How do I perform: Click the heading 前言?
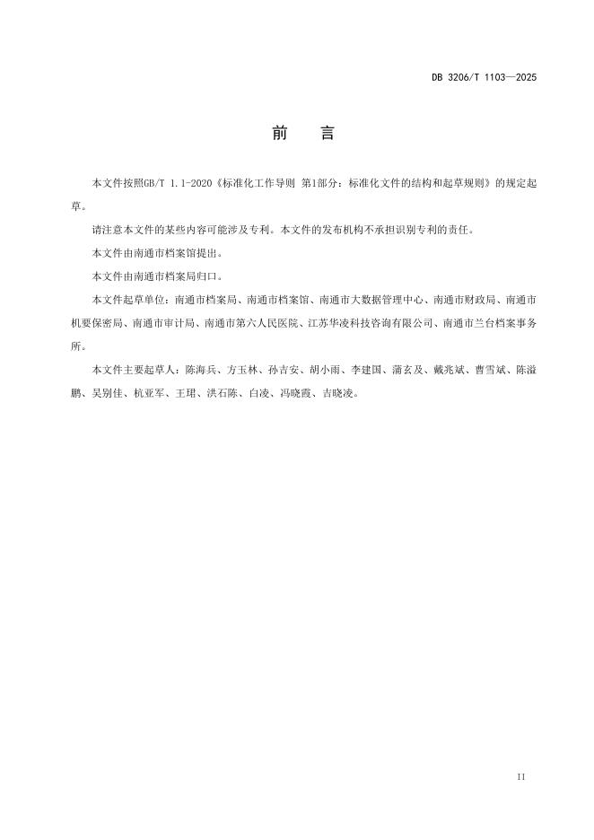pyautogui.click(x=302, y=134)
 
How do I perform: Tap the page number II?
pyautogui.click(x=521, y=775)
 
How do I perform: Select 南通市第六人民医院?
pyautogui.click(x=250, y=322)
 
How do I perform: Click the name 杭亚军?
pyautogui.click(x=149, y=392)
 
